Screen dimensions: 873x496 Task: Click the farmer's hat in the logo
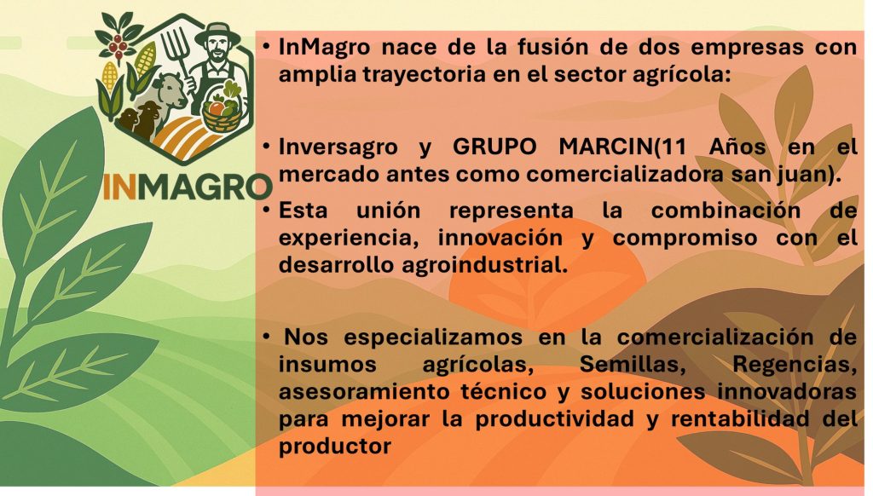217,35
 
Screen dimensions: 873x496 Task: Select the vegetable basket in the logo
223,108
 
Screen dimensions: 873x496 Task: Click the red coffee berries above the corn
118,44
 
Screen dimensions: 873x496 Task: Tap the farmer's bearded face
218,52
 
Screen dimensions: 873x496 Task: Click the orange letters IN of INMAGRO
119,187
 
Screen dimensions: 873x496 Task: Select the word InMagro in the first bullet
324,47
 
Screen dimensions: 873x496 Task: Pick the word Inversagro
338,147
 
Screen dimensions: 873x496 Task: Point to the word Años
737,147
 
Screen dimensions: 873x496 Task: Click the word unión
388,211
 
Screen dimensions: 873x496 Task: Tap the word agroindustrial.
484,265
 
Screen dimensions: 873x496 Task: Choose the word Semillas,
632,364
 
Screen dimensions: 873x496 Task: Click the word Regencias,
795,364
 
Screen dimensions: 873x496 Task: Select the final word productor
335,446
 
